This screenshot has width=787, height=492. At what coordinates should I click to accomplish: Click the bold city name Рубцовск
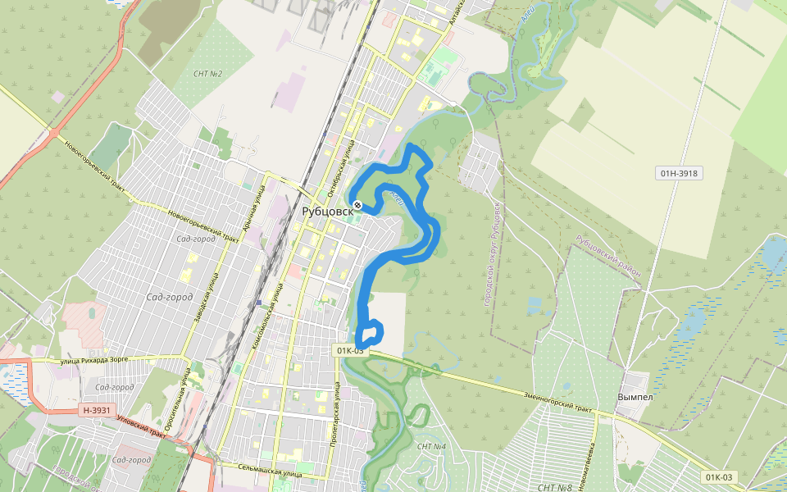coord(327,212)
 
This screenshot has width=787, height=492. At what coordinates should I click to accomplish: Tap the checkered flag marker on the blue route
coord(357,204)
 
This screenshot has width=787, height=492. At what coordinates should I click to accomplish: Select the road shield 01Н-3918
coord(680,173)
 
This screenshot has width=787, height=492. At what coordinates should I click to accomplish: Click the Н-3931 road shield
coord(96,410)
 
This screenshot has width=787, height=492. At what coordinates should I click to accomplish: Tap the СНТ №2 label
coord(208,74)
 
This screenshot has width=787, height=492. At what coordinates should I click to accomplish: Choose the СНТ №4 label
coord(431,446)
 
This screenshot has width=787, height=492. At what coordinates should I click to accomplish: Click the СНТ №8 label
coord(553,488)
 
